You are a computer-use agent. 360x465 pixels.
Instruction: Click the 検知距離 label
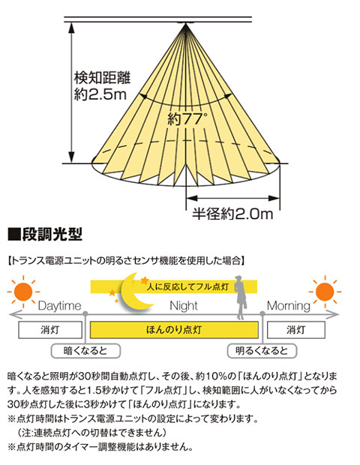coord(102,78)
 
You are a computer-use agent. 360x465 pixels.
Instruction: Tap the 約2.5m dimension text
coord(100,94)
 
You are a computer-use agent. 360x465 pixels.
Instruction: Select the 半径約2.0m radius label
coord(232,214)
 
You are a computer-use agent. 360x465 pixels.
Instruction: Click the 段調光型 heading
coord(45,235)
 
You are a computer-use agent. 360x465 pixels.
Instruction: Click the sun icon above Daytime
coord(23,292)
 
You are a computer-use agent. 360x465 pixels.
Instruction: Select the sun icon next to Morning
coord(325,292)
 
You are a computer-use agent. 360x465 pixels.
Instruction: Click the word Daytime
coord(59,306)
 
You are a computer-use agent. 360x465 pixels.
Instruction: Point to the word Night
coord(184,306)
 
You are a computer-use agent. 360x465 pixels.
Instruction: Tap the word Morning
coord(288,306)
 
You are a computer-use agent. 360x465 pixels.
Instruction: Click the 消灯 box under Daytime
coord(50,330)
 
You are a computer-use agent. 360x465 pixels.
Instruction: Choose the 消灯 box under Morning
coord(296,330)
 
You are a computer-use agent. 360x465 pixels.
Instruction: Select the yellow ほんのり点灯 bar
coord(174,330)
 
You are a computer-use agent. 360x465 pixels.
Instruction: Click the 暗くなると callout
coord(85,351)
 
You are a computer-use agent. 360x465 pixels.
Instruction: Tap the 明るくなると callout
coord(262,351)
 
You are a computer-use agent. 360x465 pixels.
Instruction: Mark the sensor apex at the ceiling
coord(186,24)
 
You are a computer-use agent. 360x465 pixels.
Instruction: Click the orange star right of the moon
coord(145,280)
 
